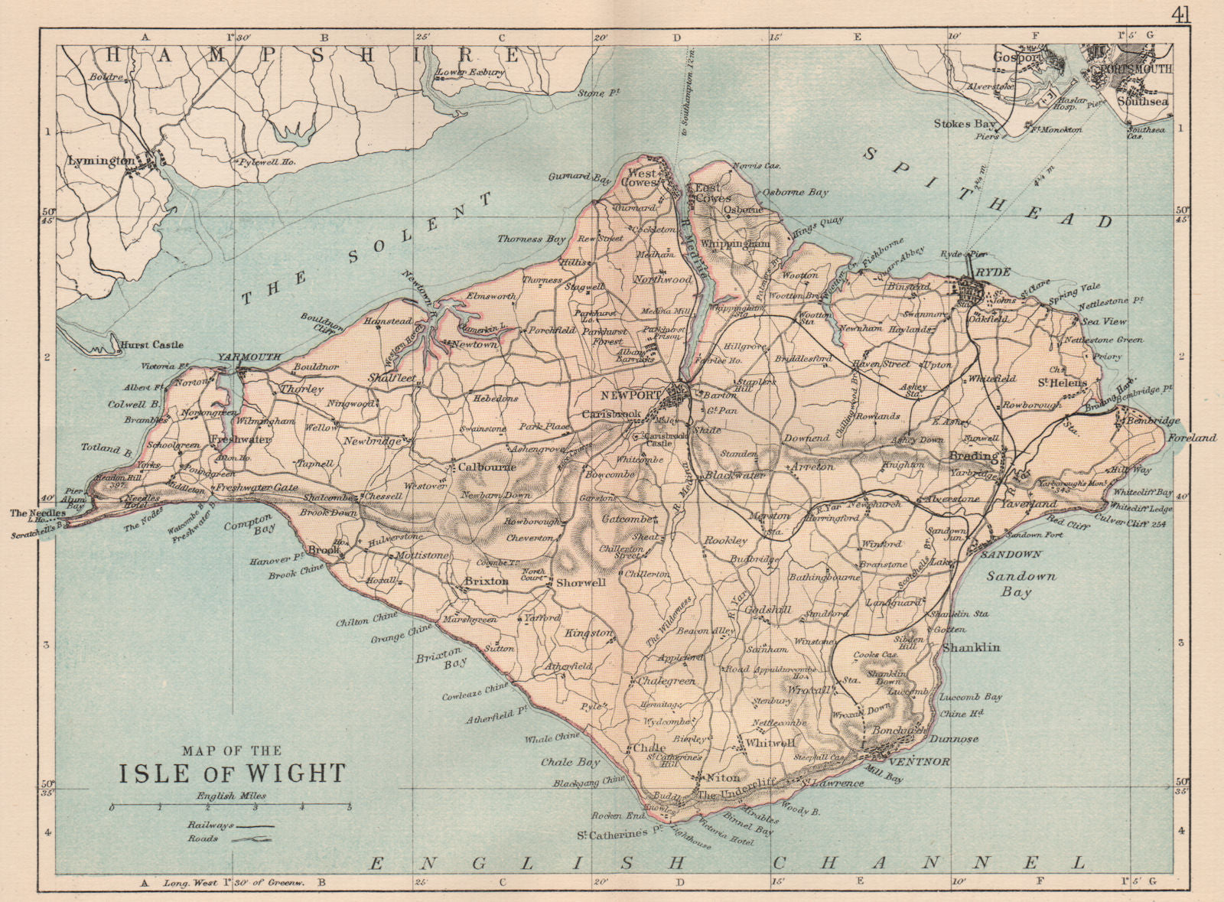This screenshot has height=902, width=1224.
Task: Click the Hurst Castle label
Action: [152, 345]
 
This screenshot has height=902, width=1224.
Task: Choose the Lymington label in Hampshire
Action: [101, 161]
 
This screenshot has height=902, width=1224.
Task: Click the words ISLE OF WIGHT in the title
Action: [232, 773]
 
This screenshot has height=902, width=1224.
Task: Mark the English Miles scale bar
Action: [230, 807]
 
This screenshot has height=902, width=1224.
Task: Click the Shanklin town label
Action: [971, 647]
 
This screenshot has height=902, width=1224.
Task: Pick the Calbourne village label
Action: [487, 467]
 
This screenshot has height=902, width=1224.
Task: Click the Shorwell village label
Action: [581, 582]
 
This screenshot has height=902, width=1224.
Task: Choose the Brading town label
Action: [973, 456]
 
